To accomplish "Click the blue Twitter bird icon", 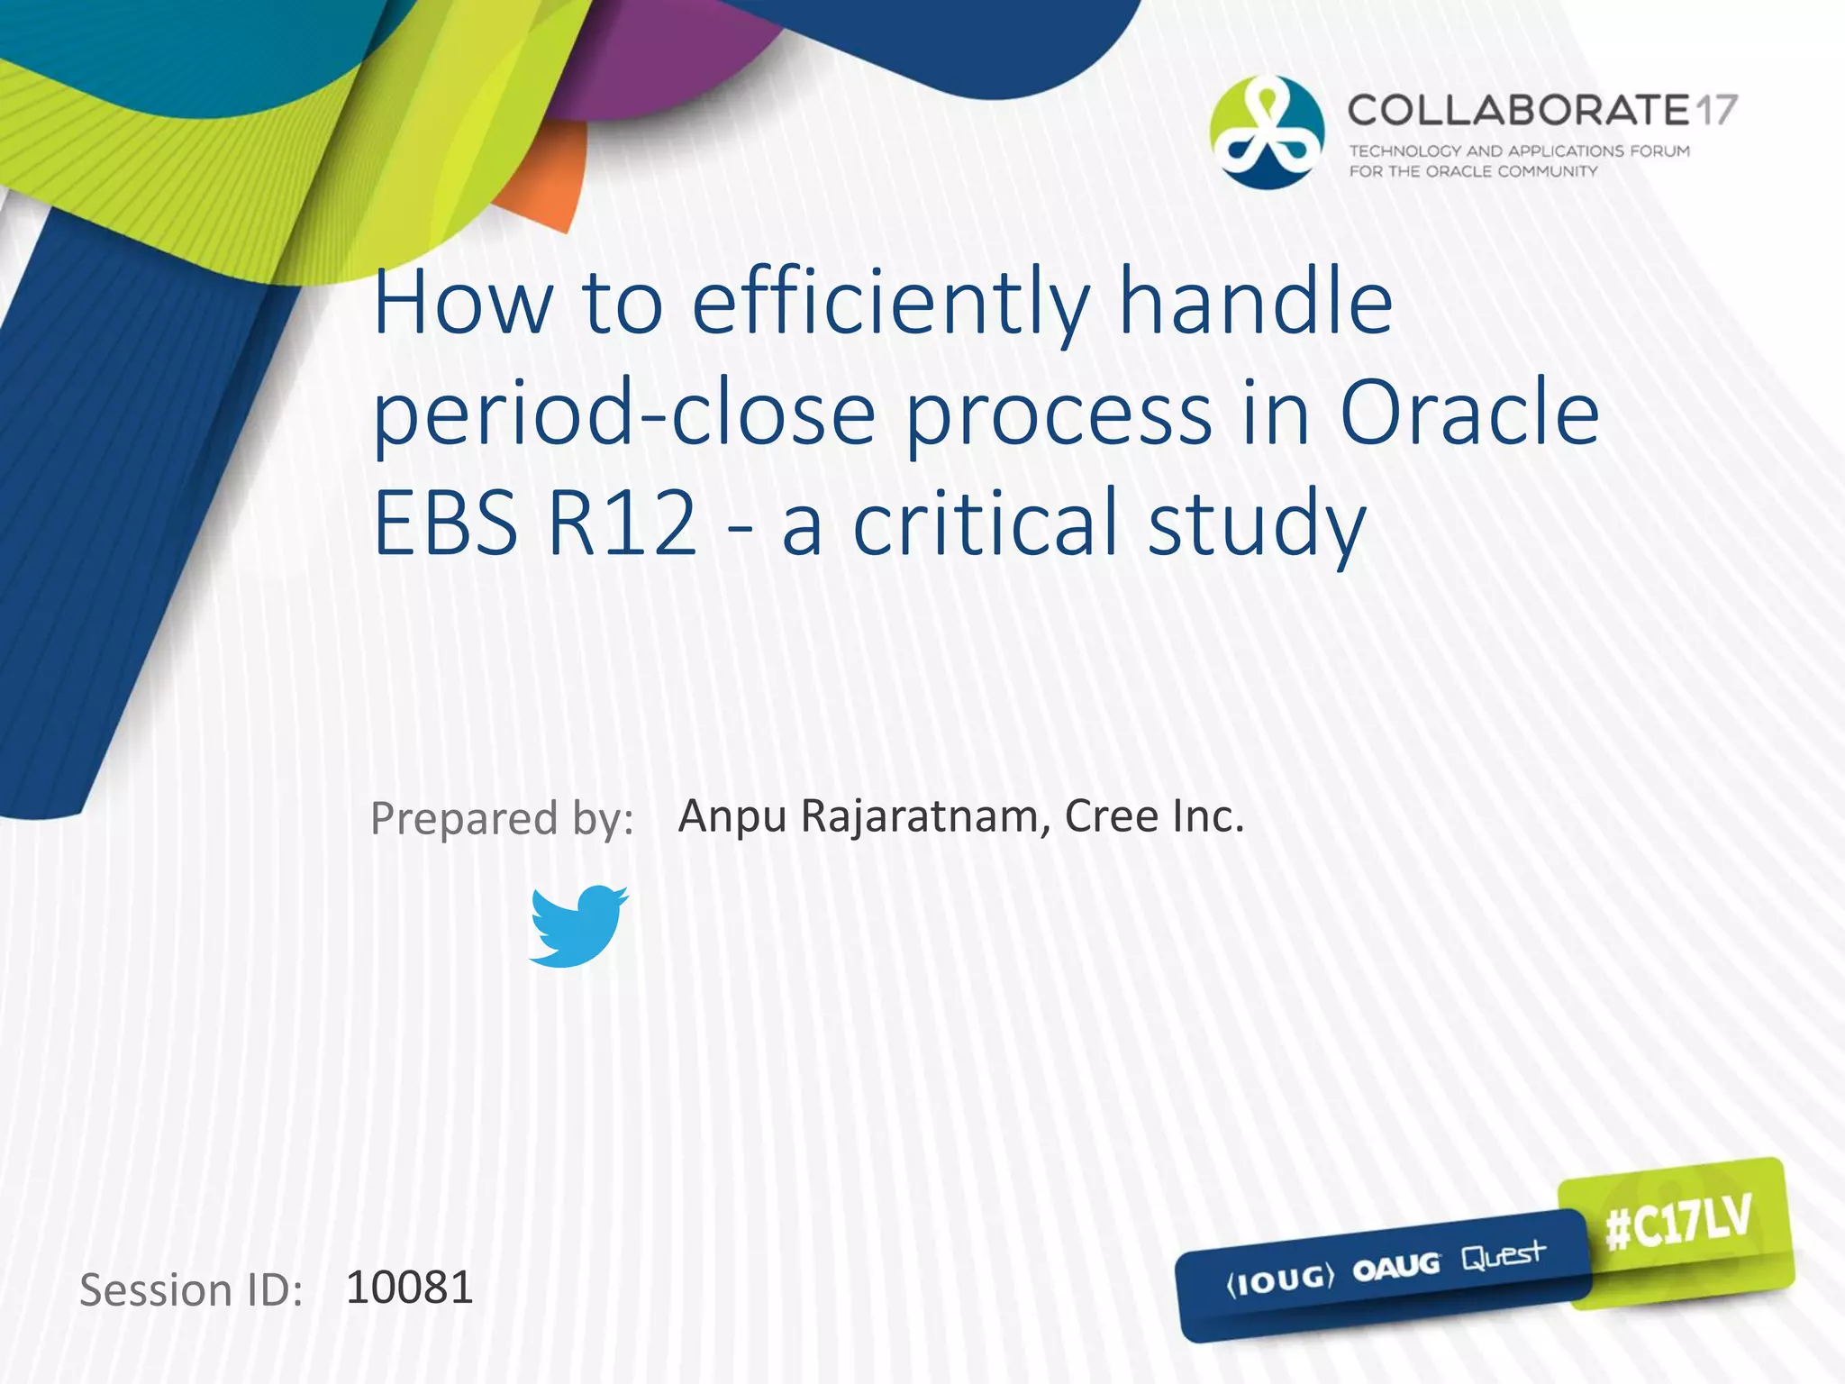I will tap(577, 926).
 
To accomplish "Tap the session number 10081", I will tap(409, 1287).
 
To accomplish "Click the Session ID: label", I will tap(191, 1290).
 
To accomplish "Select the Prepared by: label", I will tap(502, 819).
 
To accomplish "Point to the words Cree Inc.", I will tap(1154, 816).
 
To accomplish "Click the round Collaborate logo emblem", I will tap(1267, 132).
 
